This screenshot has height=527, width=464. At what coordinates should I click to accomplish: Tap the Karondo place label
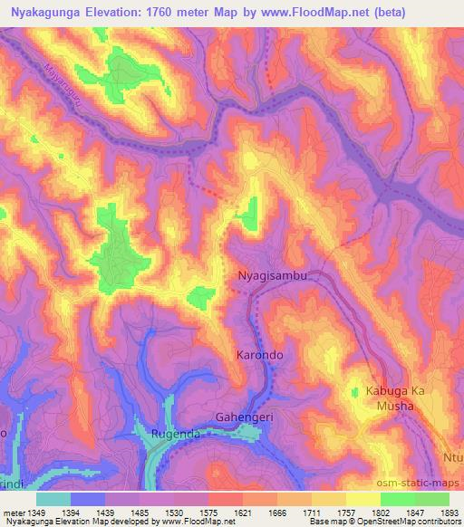pos(260,356)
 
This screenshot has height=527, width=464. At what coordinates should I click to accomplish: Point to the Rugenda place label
pos(178,434)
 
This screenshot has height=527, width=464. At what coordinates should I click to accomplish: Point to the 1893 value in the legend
pos(448,512)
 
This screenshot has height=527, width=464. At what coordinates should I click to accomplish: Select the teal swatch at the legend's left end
pos(53,498)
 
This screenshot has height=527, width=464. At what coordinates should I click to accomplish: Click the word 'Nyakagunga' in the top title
pos(44,12)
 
